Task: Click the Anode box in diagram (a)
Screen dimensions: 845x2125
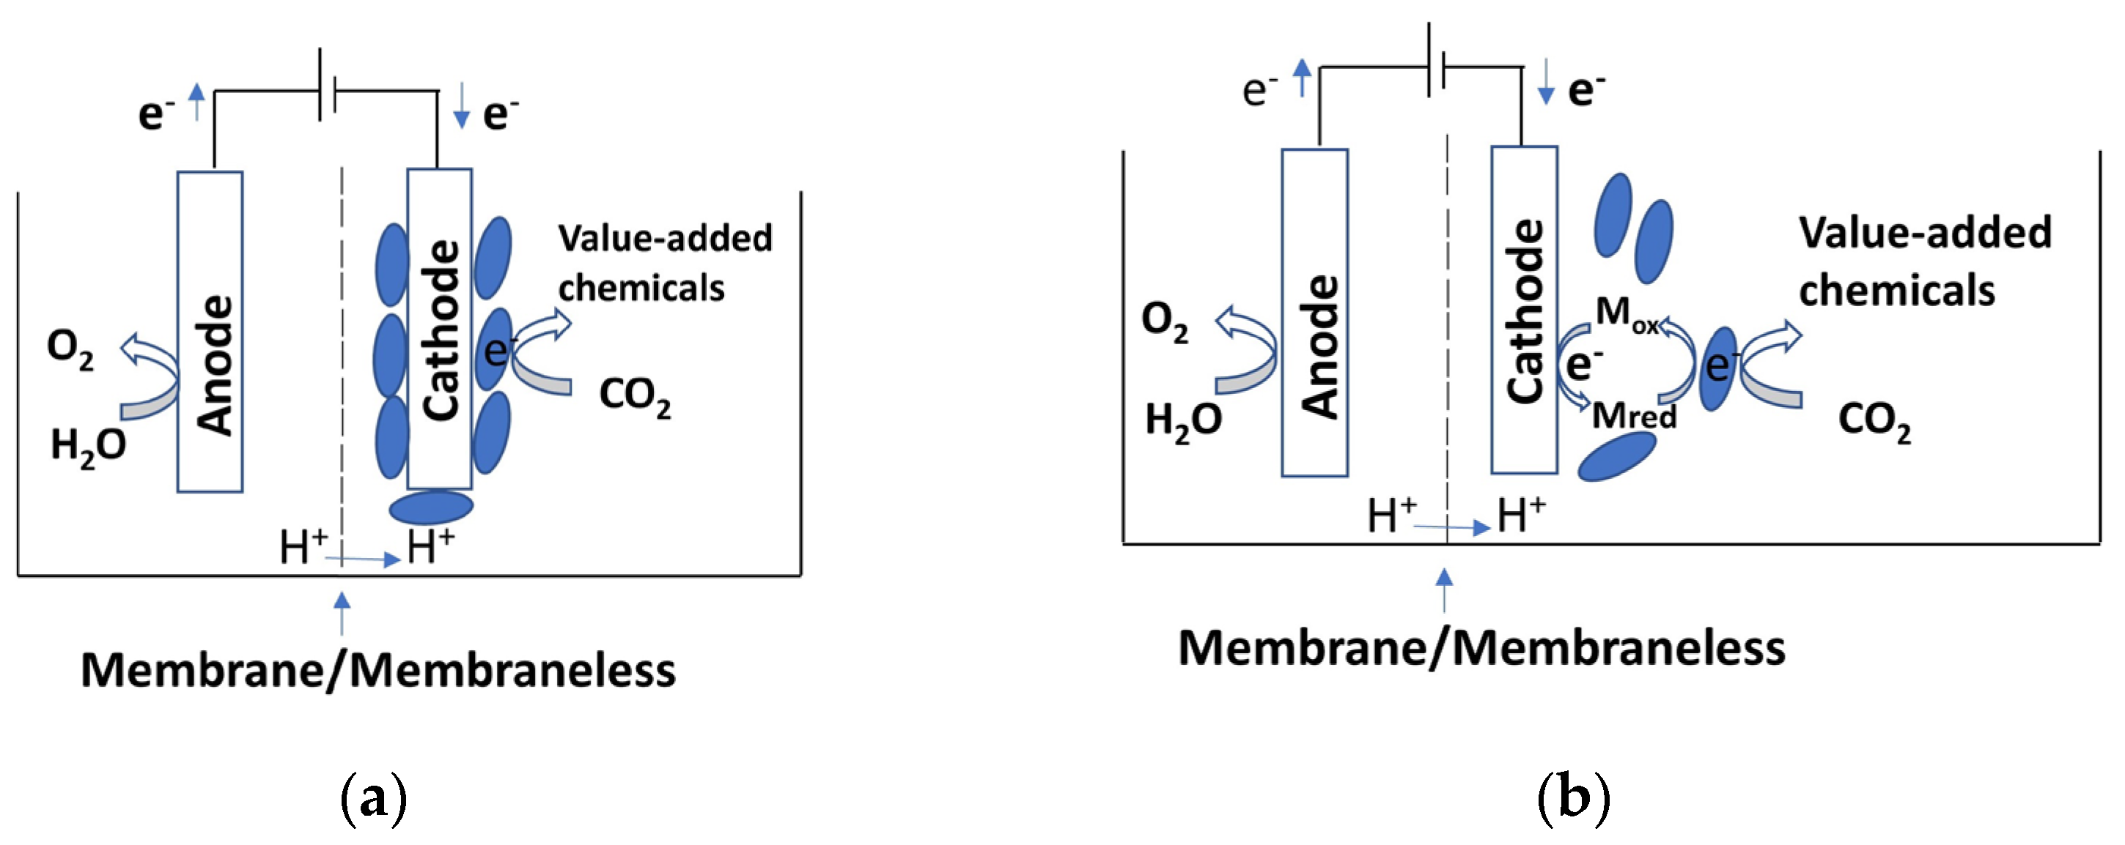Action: coord(210,332)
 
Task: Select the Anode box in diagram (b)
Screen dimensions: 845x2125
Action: coord(1314,313)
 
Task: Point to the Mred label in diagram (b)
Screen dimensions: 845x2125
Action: coord(1633,414)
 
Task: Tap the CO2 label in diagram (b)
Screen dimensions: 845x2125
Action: coord(1874,423)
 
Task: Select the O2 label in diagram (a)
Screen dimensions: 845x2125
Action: coord(70,349)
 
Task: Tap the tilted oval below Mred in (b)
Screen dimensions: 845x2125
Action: coord(1616,456)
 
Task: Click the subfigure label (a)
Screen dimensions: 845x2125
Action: coord(374,799)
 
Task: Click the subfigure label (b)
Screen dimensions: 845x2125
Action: coord(1574,799)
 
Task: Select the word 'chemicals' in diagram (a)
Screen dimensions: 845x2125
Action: coord(641,289)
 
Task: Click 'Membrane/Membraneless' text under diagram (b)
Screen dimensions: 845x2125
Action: coord(1481,648)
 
